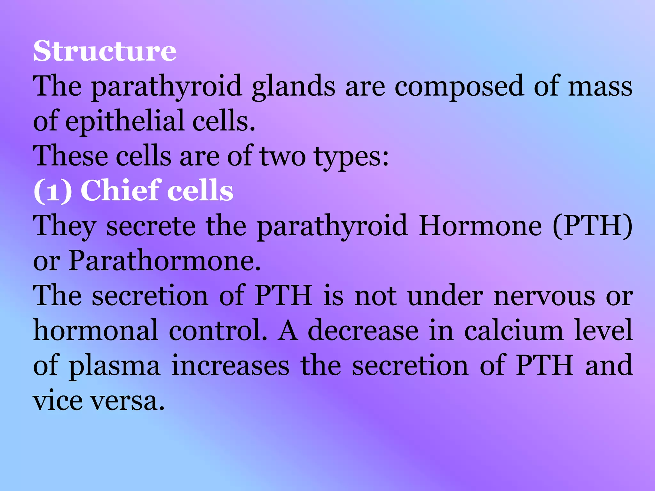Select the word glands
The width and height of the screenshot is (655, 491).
tap(293, 86)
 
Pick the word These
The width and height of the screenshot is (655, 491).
tap(70, 156)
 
